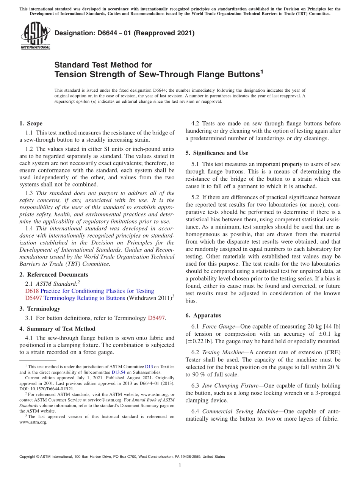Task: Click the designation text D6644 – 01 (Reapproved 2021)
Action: pos(124,33)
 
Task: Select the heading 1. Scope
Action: pos(31,124)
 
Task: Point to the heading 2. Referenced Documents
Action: pos(53,275)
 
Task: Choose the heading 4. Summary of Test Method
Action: pos(57,329)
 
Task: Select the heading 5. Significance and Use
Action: pos(217,153)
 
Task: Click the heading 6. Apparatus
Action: pos(203,316)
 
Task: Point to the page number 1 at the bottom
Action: pos(180,465)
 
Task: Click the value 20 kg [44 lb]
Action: pos(324,327)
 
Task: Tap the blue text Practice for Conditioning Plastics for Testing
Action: pos(97,291)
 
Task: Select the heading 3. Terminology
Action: pos(40,309)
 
